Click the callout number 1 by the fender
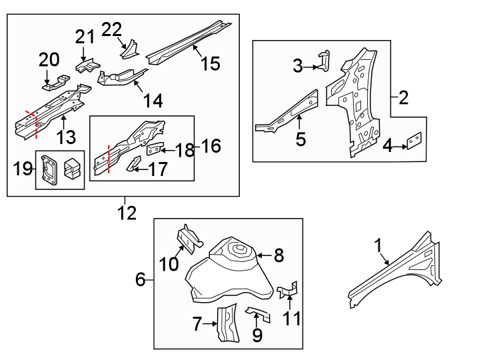click(x=378, y=247)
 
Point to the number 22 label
click(x=112, y=29)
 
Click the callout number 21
click(x=85, y=37)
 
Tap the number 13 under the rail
click(x=67, y=137)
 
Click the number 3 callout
click(x=298, y=65)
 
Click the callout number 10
click(x=169, y=265)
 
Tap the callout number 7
click(x=197, y=325)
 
